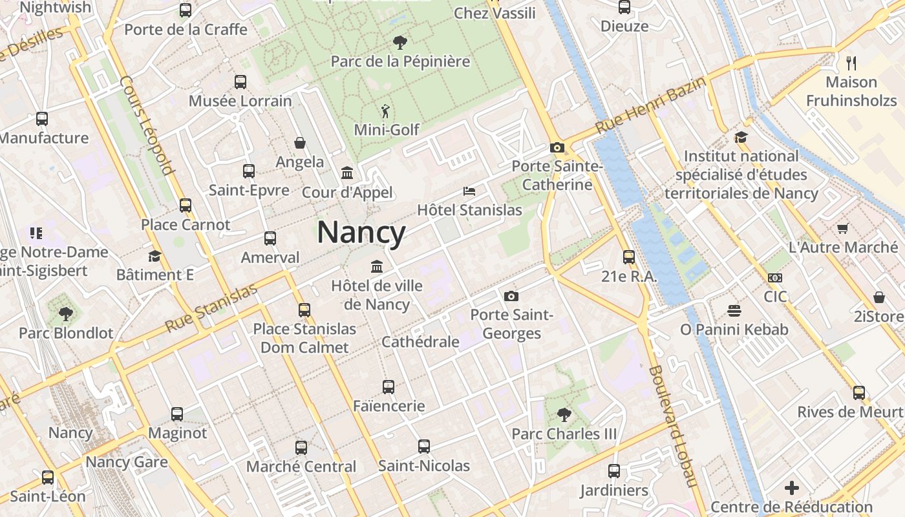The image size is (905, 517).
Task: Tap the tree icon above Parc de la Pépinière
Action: click(x=400, y=43)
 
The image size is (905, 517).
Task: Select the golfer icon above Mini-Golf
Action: click(x=386, y=111)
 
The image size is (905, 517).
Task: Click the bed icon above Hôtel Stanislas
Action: click(x=469, y=191)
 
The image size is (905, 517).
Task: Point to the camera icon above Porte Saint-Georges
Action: click(x=511, y=296)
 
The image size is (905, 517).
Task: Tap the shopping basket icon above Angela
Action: click(x=300, y=143)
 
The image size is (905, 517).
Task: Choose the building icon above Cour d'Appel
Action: click(x=347, y=173)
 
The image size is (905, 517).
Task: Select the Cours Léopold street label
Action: click(x=147, y=126)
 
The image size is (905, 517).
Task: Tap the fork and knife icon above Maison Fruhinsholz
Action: click(x=851, y=63)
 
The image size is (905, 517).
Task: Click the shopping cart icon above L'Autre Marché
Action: click(x=842, y=228)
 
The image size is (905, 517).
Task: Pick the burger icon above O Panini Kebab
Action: click(x=734, y=310)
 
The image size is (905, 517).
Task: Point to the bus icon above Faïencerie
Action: click(x=389, y=386)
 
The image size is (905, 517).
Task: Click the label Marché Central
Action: click(x=301, y=467)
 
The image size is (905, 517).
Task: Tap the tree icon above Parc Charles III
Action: click(x=564, y=414)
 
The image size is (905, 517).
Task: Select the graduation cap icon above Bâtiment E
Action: click(x=154, y=256)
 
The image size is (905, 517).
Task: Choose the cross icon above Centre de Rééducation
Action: click(x=792, y=488)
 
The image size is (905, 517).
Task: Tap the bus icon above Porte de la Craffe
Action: click(x=186, y=10)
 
